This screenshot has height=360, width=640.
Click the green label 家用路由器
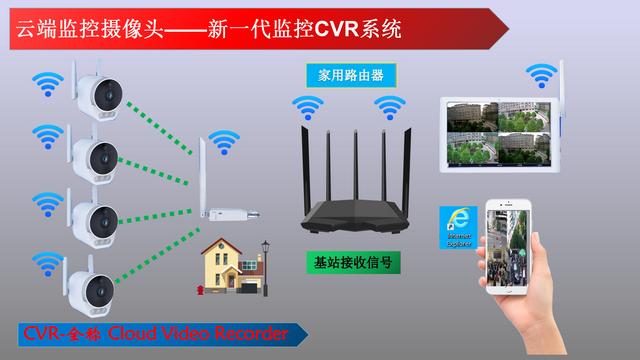(350, 75)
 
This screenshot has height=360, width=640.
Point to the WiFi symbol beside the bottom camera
(44, 264)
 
